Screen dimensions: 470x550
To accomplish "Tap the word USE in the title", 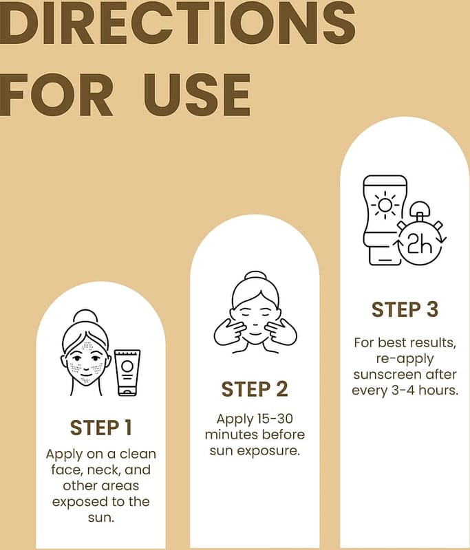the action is [197, 95].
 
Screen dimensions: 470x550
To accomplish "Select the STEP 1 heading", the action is [100, 428].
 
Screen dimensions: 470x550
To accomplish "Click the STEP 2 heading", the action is [255, 389].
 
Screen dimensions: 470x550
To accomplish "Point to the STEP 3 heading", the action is [405, 310].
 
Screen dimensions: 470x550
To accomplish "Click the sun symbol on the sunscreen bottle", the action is [385, 204].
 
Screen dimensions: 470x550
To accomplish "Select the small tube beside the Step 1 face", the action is [127, 373].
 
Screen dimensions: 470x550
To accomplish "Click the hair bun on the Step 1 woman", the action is [84, 316].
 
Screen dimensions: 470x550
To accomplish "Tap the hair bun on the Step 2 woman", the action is [255, 276].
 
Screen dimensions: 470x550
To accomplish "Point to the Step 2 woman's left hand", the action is [281, 333].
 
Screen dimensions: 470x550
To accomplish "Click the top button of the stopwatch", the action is [420, 209].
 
